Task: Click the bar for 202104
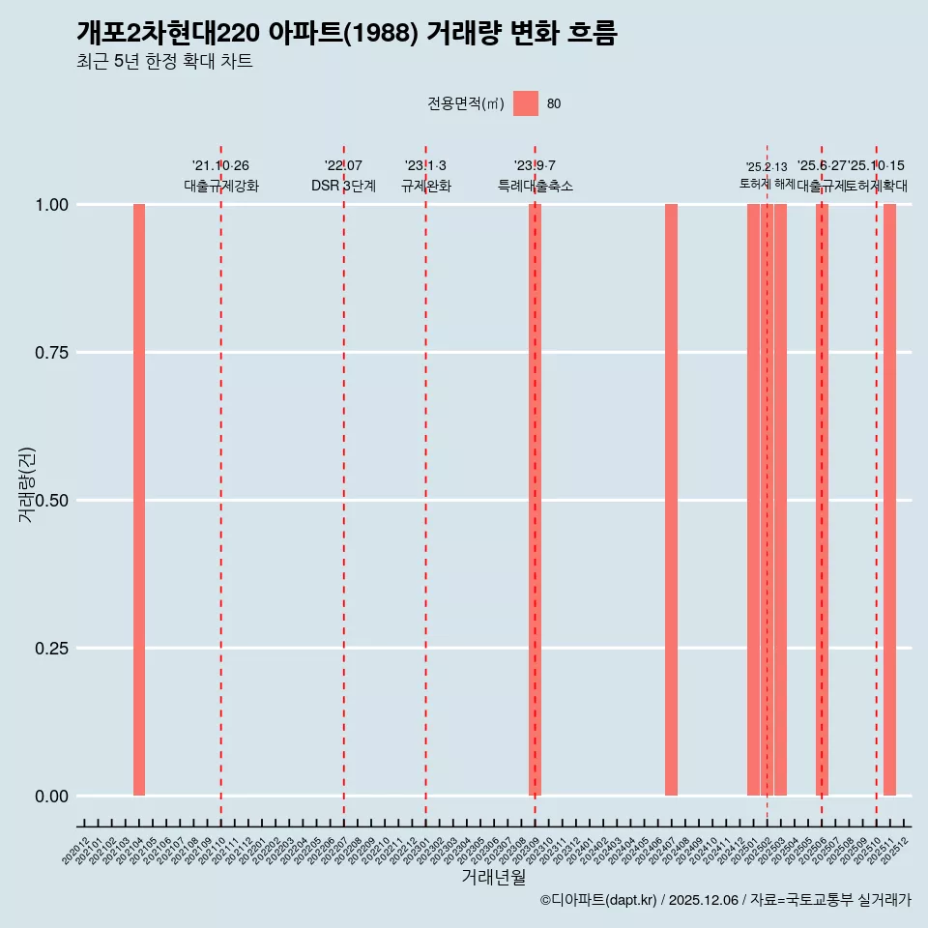[139, 500]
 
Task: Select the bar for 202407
[671, 500]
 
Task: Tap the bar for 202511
[889, 500]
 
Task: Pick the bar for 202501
[753, 500]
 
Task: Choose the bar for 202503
[780, 500]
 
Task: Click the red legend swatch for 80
[526, 103]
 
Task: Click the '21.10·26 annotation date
[220, 166]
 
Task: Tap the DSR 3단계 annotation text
[343, 186]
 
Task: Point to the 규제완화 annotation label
[425, 186]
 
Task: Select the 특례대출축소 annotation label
[535, 186]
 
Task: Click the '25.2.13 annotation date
[767, 166]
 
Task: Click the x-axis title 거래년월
[493, 878]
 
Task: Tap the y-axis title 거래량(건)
[26, 484]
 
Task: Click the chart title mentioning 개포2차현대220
[346, 33]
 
